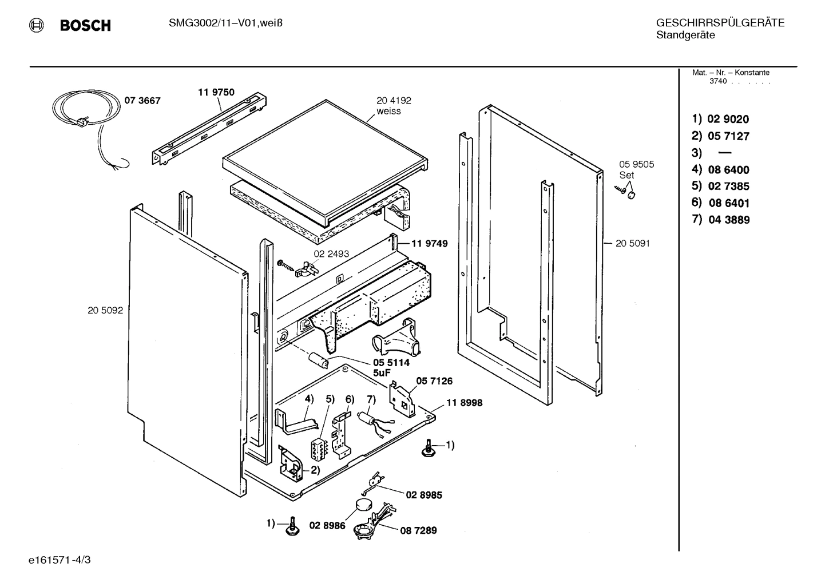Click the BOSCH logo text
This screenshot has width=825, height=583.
click(x=85, y=26)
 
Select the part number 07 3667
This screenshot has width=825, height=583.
click(x=142, y=101)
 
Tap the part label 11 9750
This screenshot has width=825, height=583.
click(x=216, y=92)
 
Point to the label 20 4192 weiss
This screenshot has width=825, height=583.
click(x=393, y=106)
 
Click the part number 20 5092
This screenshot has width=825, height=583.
click(x=105, y=311)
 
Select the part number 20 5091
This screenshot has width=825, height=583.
click(x=632, y=243)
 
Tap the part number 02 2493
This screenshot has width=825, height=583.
click(x=331, y=254)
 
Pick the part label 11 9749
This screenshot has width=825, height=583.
click(x=429, y=244)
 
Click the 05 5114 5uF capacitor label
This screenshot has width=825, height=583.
click(x=391, y=367)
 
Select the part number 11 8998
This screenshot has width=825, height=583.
click(x=464, y=403)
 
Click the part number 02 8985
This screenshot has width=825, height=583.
click(x=423, y=495)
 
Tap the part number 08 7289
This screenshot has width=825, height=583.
click(x=418, y=530)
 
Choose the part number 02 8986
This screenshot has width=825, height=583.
click(x=327, y=525)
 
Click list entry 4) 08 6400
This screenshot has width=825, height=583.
click(x=720, y=170)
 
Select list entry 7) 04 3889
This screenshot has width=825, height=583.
click(x=720, y=220)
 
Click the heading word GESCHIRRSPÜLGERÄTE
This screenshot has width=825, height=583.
click(x=720, y=23)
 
